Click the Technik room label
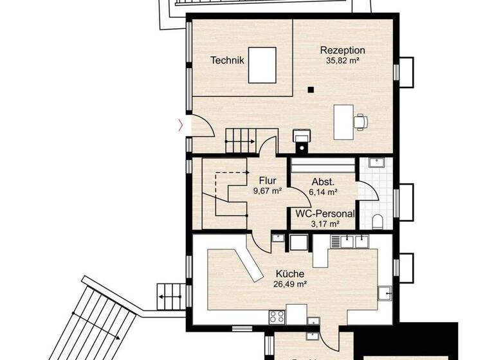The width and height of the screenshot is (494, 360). tap(227, 60)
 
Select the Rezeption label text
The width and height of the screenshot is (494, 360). tap(343, 50)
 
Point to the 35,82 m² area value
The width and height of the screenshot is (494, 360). tap(343, 61)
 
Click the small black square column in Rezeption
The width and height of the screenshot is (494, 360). tap(310, 90)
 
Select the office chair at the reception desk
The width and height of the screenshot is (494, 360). tap(361, 120)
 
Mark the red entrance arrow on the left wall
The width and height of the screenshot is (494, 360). tap(181, 123)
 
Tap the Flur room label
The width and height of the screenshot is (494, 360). tap(268, 181)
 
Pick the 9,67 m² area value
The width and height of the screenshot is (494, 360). tap(268, 191)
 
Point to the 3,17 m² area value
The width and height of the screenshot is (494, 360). tap(325, 224)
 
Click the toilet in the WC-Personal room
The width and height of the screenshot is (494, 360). tap(378, 222)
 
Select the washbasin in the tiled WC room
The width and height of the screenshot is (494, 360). tap(375, 163)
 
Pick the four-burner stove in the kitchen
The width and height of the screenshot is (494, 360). tap(277, 316)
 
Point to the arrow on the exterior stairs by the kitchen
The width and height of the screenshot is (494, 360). tap(163, 296)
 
